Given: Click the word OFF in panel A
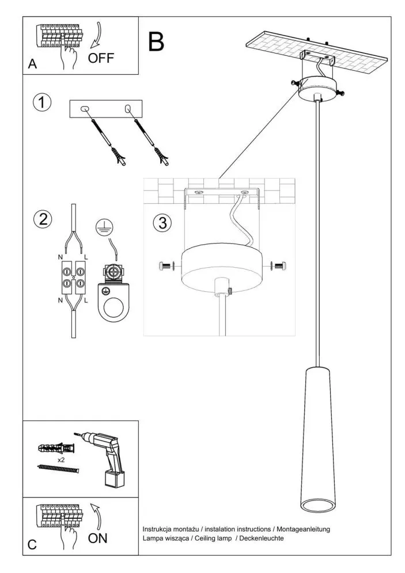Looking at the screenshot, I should coord(101,58).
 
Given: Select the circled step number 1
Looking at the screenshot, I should coord(42,103).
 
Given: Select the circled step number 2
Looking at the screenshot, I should coord(42,219).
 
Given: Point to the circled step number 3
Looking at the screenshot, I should coord(162,223).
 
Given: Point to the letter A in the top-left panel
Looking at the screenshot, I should coord(33,65).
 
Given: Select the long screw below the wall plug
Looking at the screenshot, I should coord(57,469).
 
